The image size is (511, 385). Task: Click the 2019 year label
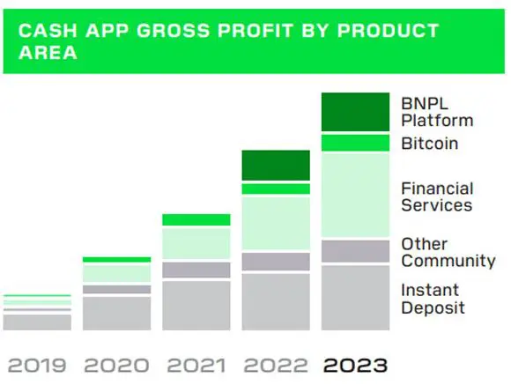coord(37,365)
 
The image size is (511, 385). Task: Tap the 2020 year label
coord(116,365)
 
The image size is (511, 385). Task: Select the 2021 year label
coord(196,365)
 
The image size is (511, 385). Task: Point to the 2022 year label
coord(276,365)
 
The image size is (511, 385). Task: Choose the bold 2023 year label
coord(356,365)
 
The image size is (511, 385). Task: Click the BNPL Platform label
coord(437,112)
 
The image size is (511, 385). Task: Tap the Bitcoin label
coord(430,144)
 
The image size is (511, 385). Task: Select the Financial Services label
coord(437,196)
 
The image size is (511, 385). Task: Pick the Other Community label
coord(448,252)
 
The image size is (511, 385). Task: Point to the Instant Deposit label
coord(433,299)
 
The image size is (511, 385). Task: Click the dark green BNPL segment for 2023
coord(355,112)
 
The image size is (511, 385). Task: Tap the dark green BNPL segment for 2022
coord(276,166)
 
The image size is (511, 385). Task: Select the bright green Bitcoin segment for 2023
coord(355,143)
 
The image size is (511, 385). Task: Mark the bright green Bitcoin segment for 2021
coord(196,219)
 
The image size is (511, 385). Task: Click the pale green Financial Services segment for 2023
coord(355,195)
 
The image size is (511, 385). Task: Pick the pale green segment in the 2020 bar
coord(116,273)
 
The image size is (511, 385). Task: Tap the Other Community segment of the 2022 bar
coord(276,262)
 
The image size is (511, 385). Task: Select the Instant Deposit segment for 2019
coord(37,322)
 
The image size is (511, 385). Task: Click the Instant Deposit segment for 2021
coord(196,306)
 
